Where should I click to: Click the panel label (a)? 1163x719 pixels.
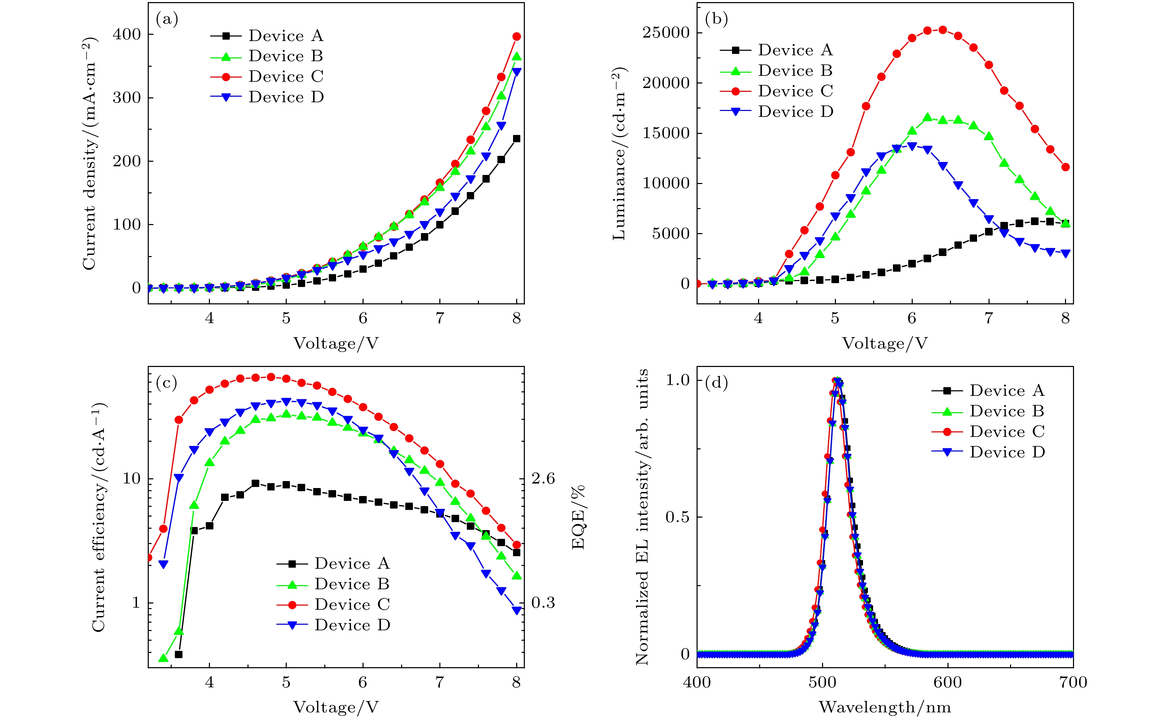pyautogui.click(x=167, y=19)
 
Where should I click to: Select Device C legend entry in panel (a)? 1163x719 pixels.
pyautogui.click(x=285, y=77)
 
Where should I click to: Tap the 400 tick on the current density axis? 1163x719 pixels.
pyautogui.click(x=127, y=34)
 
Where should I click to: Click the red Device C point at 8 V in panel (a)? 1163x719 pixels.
pyautogui.click(x=517, y=37)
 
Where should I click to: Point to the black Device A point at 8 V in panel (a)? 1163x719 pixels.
pyautogui.click(x=517, y=139)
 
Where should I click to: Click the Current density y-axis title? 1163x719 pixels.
pyautogui.click(x=89, y=153)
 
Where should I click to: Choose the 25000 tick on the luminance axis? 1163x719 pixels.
pyautogui.click(x=666, y=33)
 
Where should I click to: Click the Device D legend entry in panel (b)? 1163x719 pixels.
pyautogui.click(x=795, y=112)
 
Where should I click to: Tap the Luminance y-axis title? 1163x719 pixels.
pyautogui.click(x=619, y=153)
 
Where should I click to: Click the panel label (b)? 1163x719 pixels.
pyautogui.click(x=716, y=19)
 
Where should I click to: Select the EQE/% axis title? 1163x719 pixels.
pyautogui.click(x=578, y=517)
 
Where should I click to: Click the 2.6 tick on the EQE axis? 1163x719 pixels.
pyautogui.click(x=543, y=478)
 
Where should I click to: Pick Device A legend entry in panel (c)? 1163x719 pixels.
pyautogui.click(x=351, y=564)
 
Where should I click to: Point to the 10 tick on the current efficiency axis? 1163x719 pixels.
pyautogui.click(x=132, y=478)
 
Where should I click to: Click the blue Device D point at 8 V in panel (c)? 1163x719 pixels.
pyautogui.click(x=517, y=610)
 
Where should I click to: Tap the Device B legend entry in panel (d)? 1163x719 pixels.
pyautogui.click(x=1007, y=411)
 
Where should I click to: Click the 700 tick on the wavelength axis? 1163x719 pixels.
pyautogui.click(x=1073, y=683)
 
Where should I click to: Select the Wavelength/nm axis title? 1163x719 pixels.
pyautogui.click(x=885, y=708)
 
